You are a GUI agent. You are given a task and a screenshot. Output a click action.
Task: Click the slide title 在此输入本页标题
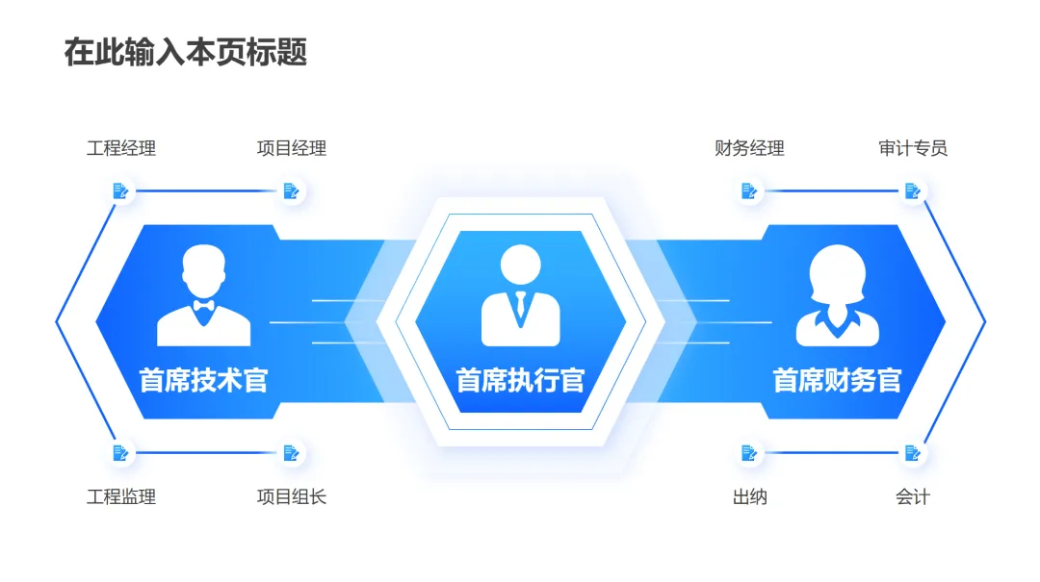pyautogui.click(x=185, y=52)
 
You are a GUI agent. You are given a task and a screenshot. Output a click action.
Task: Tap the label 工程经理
pyautogui.click(x=121, y=148)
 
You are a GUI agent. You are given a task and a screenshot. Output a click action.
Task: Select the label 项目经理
pyautogui.click(x=292, y=148)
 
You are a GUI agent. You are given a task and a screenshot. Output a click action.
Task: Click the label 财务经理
pyautogui.click(x=749, y=148)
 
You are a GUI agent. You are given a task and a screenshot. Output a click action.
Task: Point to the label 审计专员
pyautogui.click(x=913, y=148)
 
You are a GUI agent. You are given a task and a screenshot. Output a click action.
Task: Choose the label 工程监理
pyautogui.click(x=121, y=497)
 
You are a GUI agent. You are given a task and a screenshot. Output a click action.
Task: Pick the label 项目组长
pyautogui.click(x=292, y=497)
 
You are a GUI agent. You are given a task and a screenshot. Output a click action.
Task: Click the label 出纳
pyautogui.click(x=749, y=497)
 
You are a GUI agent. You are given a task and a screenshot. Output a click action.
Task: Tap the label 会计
pyautogui.click(x=913, y=497)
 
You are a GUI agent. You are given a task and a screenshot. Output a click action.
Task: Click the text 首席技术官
pyautogui.click(x=203, y=380)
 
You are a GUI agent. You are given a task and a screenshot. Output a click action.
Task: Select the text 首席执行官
pyautogui.click(x=520, y=380)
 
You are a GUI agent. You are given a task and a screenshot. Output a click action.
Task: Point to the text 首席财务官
pyautogui.click(x=837, y=380)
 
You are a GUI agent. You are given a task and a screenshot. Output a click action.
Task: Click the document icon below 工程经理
pyautogui.click(x=120, y=190)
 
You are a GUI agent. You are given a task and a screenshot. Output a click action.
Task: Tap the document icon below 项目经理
pyautogui.click(x=291, y=190)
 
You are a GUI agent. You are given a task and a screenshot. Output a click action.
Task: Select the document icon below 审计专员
pyautogui.click(x=913, y=190)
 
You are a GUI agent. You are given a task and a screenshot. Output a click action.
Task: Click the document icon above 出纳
pyautogui.click(x=749, y=452)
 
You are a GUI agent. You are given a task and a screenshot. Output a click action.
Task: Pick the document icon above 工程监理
pyautogui.click(x=120, y=452)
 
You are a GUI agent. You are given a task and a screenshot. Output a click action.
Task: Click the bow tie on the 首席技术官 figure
pyautogui.click(x=203, y=306)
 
